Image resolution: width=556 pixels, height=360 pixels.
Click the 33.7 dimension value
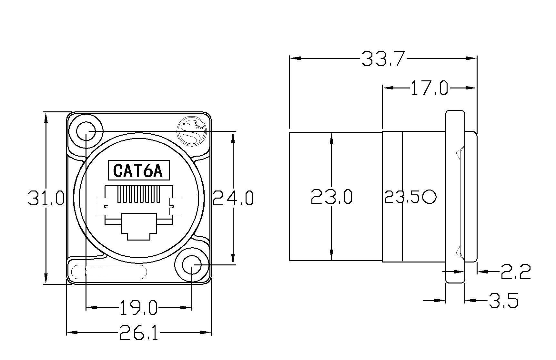tap(383, 58)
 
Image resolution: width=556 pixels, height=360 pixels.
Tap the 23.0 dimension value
tap(331, 197)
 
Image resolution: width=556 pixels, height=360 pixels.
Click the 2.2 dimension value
tap(515, 272)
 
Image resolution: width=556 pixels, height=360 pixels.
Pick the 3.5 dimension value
tap(504, 300)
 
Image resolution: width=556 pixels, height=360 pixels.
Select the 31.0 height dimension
tap(46, 198)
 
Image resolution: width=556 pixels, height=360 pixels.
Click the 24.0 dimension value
tap(233, 198)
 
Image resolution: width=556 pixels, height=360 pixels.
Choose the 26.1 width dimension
tap(139, 332)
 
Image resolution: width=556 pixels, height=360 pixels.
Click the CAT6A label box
tap(139, 170)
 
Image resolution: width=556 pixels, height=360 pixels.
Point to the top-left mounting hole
tap(86, 131)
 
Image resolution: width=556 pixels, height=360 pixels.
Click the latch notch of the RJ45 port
tap(139, 227)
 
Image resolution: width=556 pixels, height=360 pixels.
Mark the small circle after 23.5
tap(430, 197)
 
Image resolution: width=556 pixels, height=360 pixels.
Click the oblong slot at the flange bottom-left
tap(109, 272)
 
